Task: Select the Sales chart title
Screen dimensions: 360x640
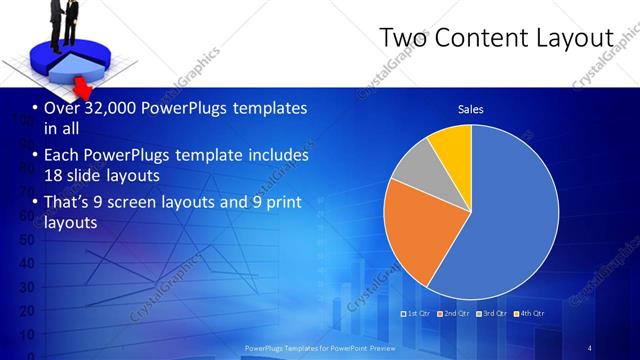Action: (x=471, y=109)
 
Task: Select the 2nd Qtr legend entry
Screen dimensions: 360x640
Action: (x=454, y=313)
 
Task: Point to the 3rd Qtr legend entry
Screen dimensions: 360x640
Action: (x=492, y=313)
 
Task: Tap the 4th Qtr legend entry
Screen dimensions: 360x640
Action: (x=530, y=313)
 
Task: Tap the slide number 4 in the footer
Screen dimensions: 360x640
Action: (x=590, y=347)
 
